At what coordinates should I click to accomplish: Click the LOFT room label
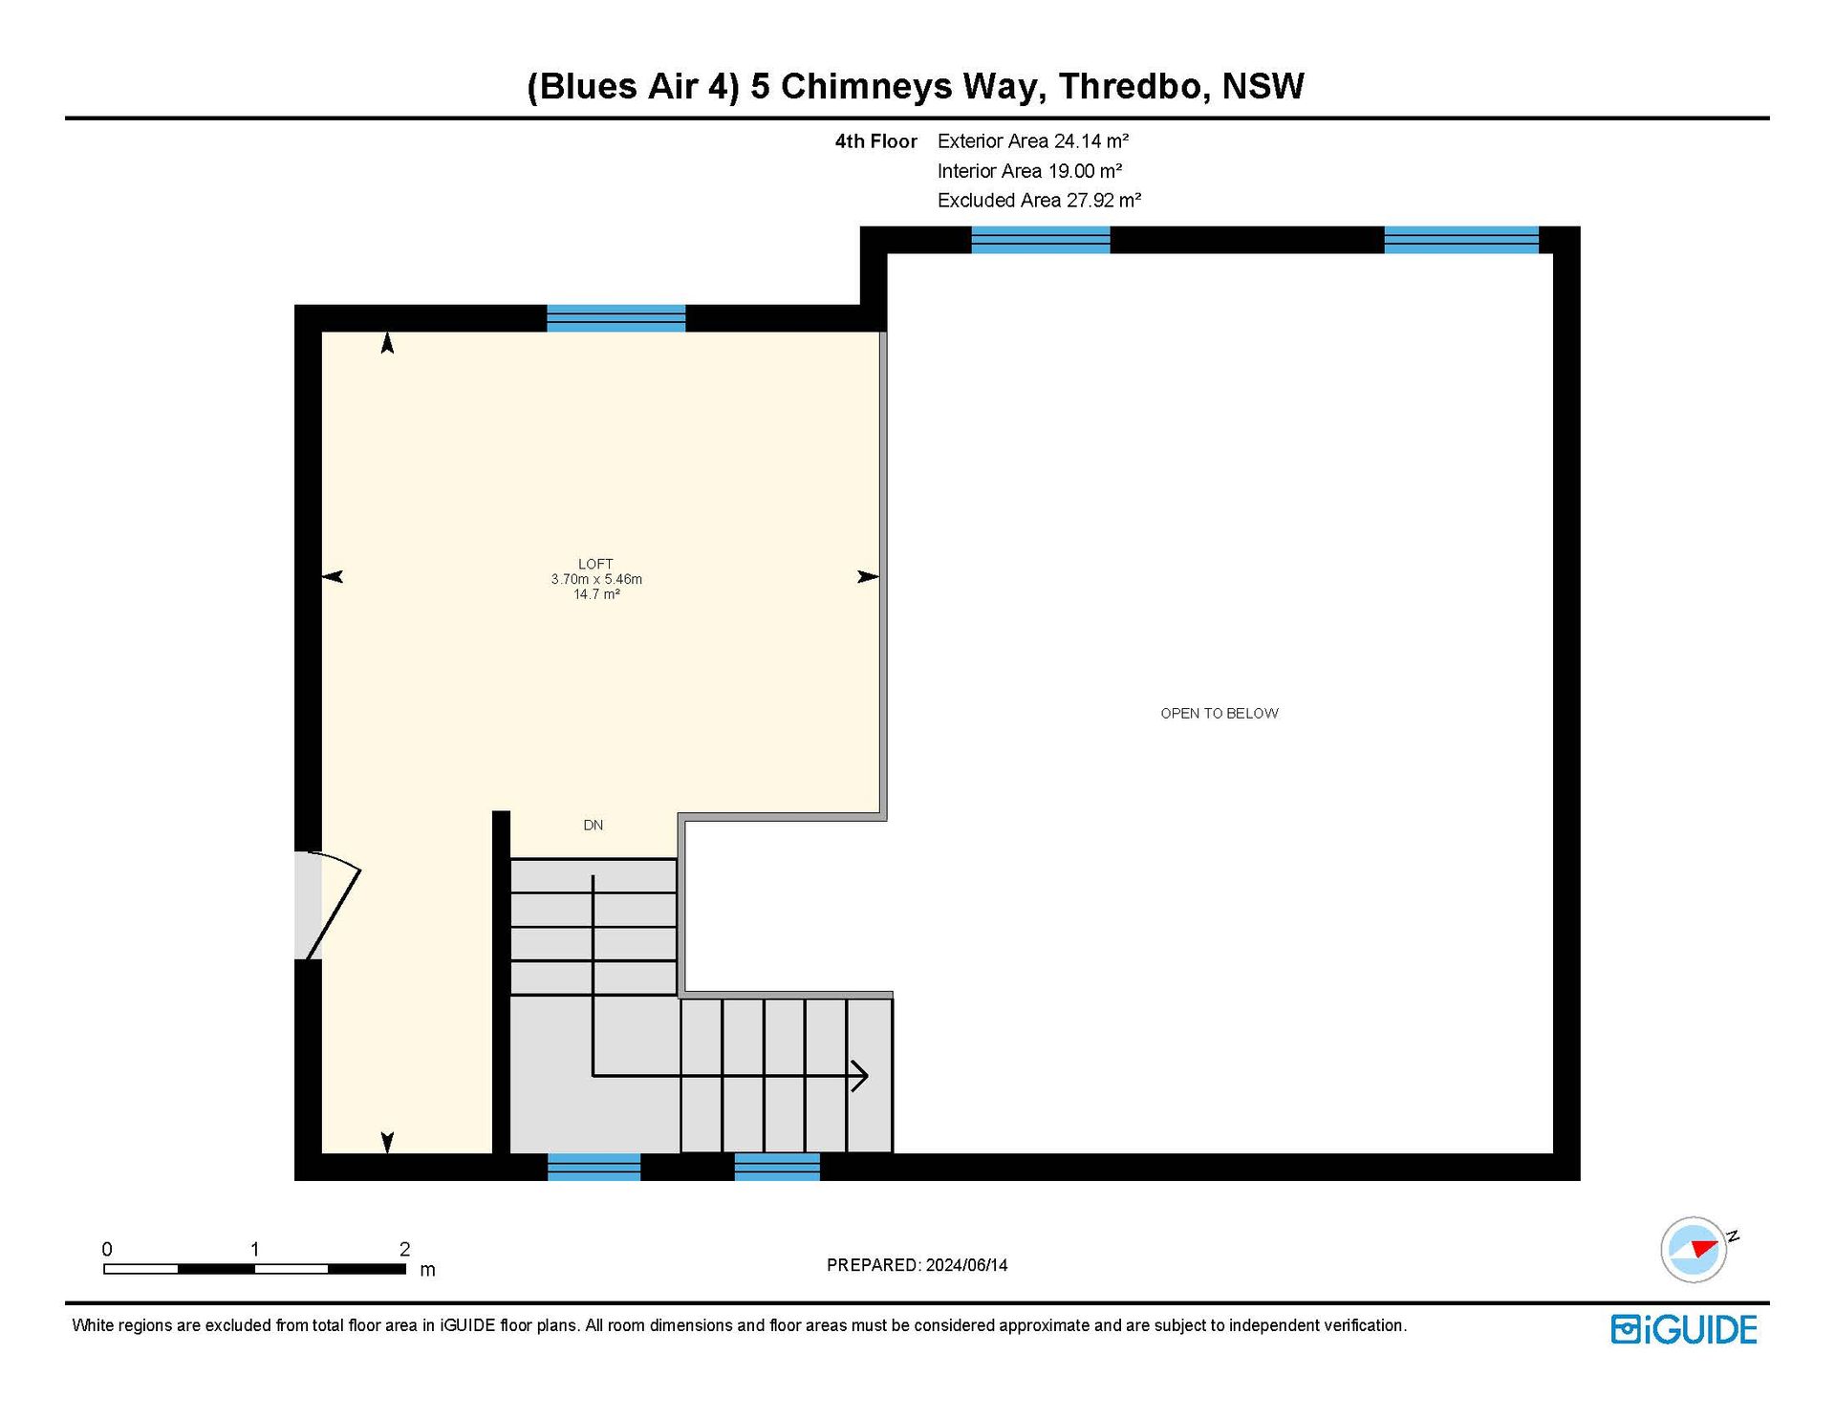[595, 564]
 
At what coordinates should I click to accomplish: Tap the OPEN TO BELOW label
[1220, 713]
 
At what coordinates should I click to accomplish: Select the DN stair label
[594, 825]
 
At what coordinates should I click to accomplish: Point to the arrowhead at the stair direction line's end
[859, 1076]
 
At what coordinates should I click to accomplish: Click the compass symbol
[1695, 1249]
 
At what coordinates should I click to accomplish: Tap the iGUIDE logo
[1684, 1329]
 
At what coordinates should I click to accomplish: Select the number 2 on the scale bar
[404, 1249]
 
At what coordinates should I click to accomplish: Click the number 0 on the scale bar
[107, 1249]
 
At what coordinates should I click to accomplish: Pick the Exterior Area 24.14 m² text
[1033, 141]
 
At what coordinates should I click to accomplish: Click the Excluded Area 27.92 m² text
[1040, 201]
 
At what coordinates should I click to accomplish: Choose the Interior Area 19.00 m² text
[1030, 171]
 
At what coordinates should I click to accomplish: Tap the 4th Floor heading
[876, 141]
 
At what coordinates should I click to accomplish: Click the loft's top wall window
[616, 318]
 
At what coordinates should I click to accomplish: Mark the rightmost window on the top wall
[1461, 240]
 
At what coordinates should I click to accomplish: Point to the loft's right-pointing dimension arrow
[868, 576]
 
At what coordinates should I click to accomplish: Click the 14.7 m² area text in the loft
[596, 594]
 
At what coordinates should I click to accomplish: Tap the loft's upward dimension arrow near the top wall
[387, 343]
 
